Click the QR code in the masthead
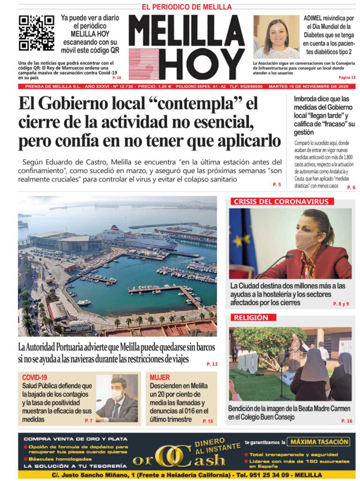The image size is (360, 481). pyautogui.click(x=36, y=33)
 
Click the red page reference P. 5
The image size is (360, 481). pyautogui.click(x=277, y=185)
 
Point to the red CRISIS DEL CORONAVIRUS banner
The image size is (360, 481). pyautogui.click(x=283, y=201)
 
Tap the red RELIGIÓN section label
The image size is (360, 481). pyautogui.click(x=251, y=318)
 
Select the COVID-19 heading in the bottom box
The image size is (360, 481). pyautogui.click(x=35, y=377)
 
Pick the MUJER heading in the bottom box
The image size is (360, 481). pyautogui.click(x=160, y=377)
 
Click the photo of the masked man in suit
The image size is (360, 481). pyautogui.click(x=117, y=398)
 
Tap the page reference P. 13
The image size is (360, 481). pyautogui.click(x=211, y=364)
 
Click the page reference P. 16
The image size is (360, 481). pyautogui.click(x=346, y=421)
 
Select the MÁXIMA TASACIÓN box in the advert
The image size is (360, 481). pyautogui.click(x=319, y=442)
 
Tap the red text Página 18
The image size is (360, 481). pyautogui.click(x=347, y=77)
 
